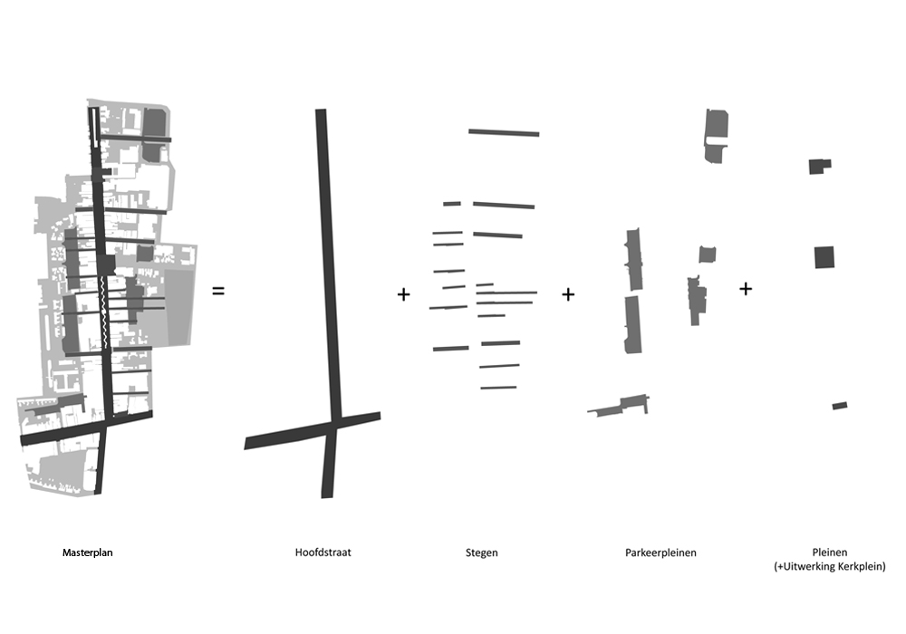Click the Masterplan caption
pos(87,552)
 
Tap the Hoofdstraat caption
pos(323,552)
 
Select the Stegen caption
pos(481,552)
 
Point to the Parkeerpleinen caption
pos(660,552)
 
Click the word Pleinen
pos(829,552)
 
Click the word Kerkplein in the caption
pos(861,566)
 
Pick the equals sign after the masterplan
pos(217,291)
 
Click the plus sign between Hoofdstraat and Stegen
pos(403,294)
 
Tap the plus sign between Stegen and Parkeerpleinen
pos(568,294)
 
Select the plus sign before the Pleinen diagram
pos(746,288)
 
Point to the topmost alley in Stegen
pos(504,133)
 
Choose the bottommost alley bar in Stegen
pos(498,388)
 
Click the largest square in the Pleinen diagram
pos(824,257)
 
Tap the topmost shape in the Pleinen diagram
pos(819,167)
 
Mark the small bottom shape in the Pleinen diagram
pos(840,406)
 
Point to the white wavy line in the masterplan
pos(104,312)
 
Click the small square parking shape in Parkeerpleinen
pos(708,255)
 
